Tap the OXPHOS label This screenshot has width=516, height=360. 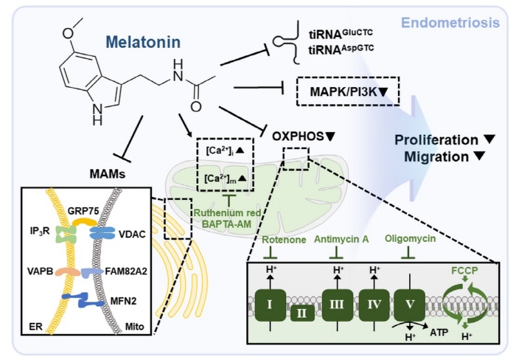click(304, 136)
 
